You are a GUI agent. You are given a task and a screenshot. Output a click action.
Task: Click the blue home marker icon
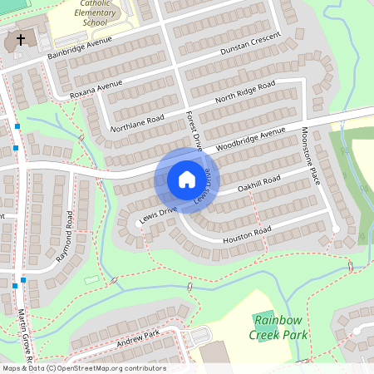click(x=187, y=180)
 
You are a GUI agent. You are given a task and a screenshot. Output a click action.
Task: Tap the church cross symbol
click(x=20, y=39)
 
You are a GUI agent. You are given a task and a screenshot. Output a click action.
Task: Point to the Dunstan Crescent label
click(x=252, y=47)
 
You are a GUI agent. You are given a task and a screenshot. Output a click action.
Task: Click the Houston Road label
click(x=247, y=234)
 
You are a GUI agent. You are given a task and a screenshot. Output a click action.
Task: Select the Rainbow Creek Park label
click(x=279, y=327)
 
